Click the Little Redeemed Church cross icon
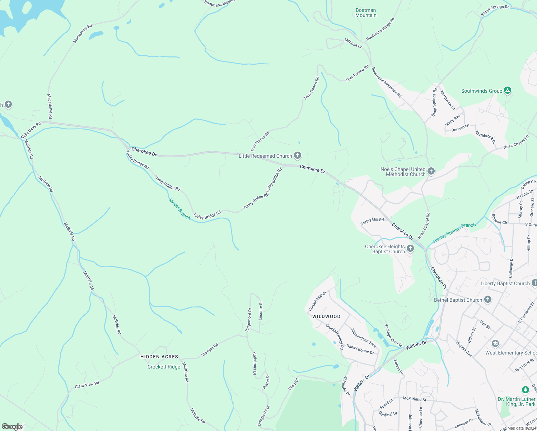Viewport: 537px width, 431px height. pos(297,156)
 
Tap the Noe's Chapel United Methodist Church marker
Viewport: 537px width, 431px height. pos(431,171)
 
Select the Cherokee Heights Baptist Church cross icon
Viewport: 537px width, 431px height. pos(410,249)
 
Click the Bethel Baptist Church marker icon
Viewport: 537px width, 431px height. pos(487,300)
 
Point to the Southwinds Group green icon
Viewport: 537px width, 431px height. pos(507,91)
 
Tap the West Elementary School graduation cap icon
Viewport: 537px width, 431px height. pos(495,344)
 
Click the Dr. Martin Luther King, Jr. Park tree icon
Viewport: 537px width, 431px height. pos(525,390)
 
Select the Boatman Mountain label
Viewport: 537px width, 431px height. pos(366,13)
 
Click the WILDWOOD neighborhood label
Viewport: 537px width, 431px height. pos(326,316)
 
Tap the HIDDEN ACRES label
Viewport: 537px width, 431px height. pos(159,357)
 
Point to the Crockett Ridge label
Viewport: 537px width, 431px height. pos(164,367)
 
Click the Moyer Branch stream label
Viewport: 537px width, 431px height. pos(179,209)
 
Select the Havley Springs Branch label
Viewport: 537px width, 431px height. pos(454,233)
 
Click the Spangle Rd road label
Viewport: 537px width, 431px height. pos(210,350)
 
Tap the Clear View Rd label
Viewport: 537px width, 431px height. pos(87,385)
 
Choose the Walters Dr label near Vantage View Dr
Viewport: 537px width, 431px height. pos(416,346)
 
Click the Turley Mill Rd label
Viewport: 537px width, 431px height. pos(372,221)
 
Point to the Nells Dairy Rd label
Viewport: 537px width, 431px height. pos(31,130)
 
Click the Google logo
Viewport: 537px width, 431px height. pos(12,426)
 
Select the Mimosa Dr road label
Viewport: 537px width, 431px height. pos(353,43)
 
